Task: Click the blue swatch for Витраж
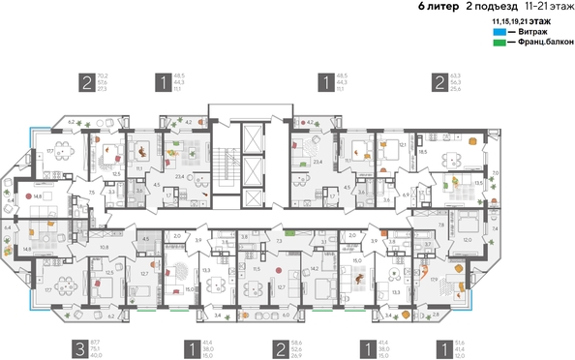[499, 32]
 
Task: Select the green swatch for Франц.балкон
[499, 43]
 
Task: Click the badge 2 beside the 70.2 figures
[87, 82]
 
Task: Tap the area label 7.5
[92, 194]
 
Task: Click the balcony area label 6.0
[286, 315]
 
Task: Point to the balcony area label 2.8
[437, 315]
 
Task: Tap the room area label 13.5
[477, 181]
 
